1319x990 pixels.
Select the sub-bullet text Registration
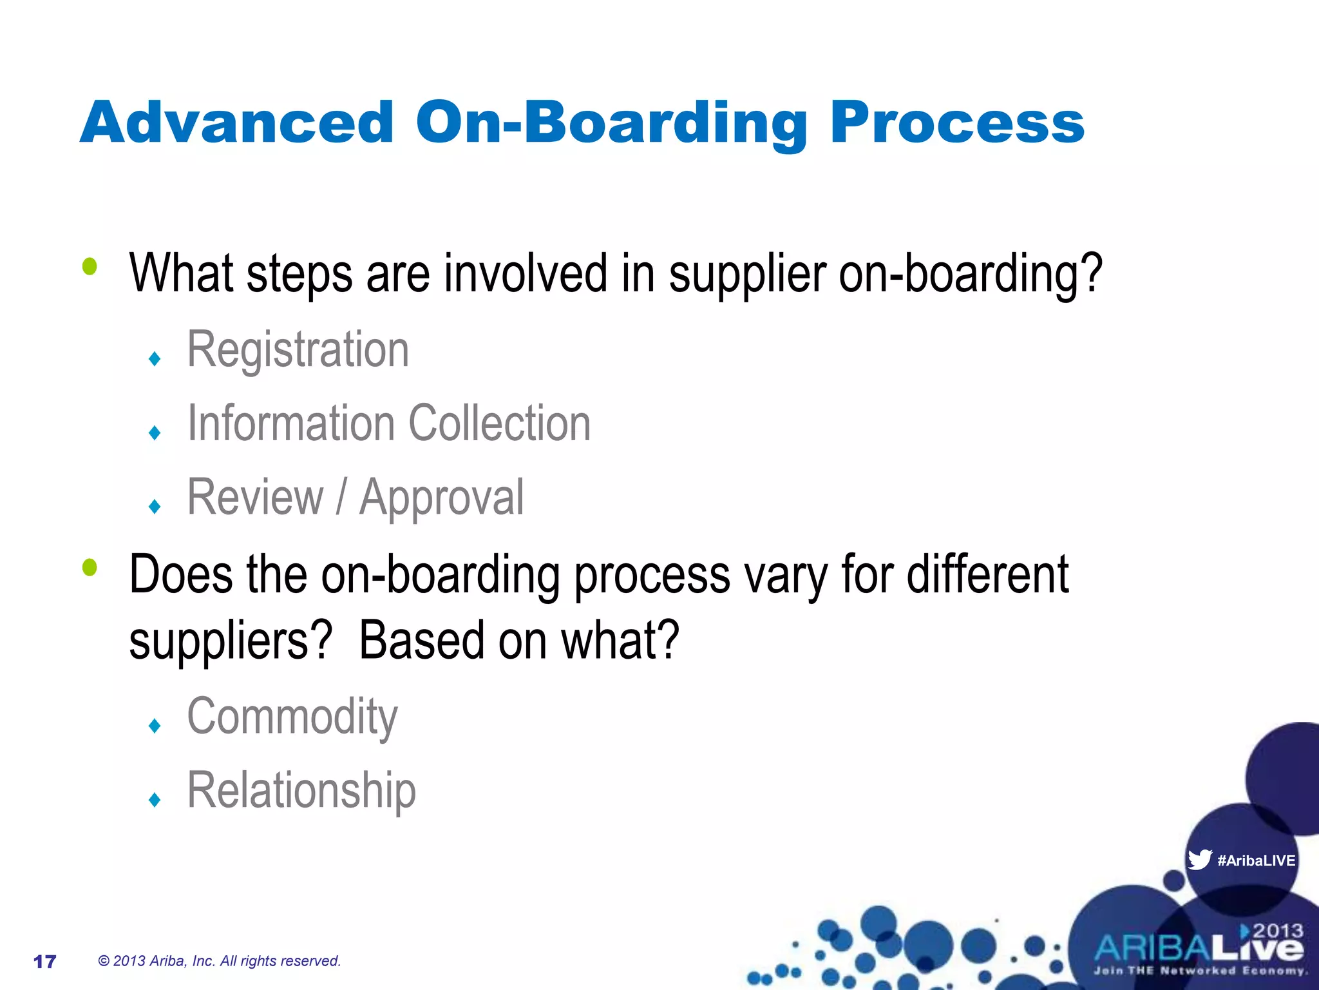[x=298, y=350]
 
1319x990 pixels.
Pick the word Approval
[x=441, y=498]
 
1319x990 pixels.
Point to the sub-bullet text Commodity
[x=292, y=717]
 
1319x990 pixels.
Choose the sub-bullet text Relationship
[x=301, y=791]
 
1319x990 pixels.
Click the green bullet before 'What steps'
[x=90, y=267]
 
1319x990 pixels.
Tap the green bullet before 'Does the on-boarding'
[x=90, y=568]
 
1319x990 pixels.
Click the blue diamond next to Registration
[x=154, y=358]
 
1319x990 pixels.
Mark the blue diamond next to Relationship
[x=154, y=800]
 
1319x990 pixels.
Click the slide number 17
[x=44, y=962]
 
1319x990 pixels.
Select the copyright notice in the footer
[x=219, y=961]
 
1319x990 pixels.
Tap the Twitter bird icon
[x=1199, y=860]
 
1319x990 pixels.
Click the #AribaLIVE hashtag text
[x=1256, y=860]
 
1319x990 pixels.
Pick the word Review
[x=255, y=498]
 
